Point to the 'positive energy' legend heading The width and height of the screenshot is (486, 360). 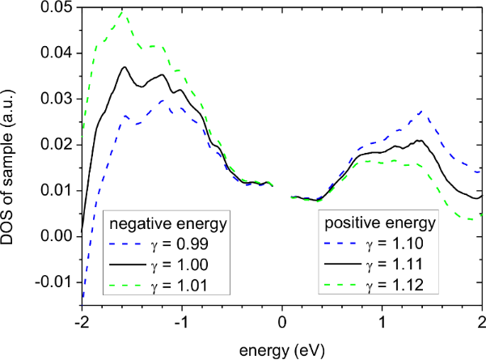click(380, 221)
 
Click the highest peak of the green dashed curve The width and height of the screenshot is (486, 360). click(121, 12)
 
